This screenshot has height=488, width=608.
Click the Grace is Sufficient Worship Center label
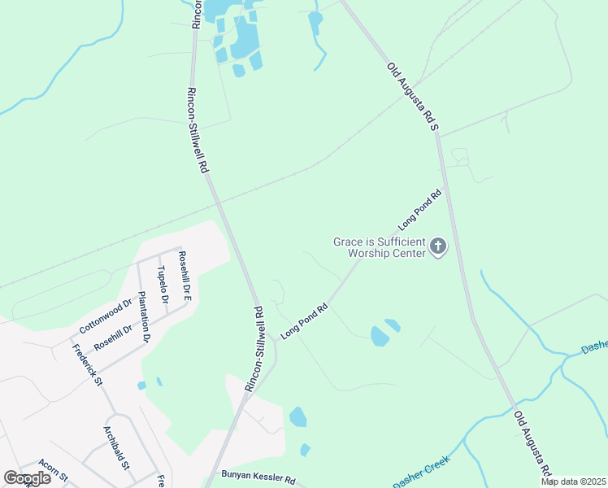pyautogui.click(x=380, y=247)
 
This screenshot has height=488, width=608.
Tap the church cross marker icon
pyautogui.click(x=438, y=246)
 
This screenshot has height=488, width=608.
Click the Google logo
pyautogui.click(x=27, y=478)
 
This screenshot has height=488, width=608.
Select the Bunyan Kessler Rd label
pyautogui.click(x=258, y=478)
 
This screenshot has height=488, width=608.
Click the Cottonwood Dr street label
pyautogui.click(x=106, y=316)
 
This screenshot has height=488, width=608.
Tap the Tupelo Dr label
pyautogui.click(x=163, y=285)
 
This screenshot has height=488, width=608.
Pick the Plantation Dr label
pyautogui.click(x=145, y=316)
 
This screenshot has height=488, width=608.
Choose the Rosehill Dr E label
pyautogui.click(x=185, y=276)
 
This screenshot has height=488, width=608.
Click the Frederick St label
pyautogui.click(x=87, y=365)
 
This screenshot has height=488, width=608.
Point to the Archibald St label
pyautogui.click(x=116, y=447)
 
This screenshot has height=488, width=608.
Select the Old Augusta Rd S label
pyautogui.click(x=412, y=97)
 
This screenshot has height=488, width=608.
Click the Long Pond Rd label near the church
pyautogui.click(x=419, y=207)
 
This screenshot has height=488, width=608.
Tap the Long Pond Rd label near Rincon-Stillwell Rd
pyautogui.click(x=303, y=321)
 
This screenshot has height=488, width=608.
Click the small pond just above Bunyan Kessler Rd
pyautogui.click(x=305, y=450)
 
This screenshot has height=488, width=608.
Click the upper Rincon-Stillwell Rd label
pyautogui.click(x=198, y=130)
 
